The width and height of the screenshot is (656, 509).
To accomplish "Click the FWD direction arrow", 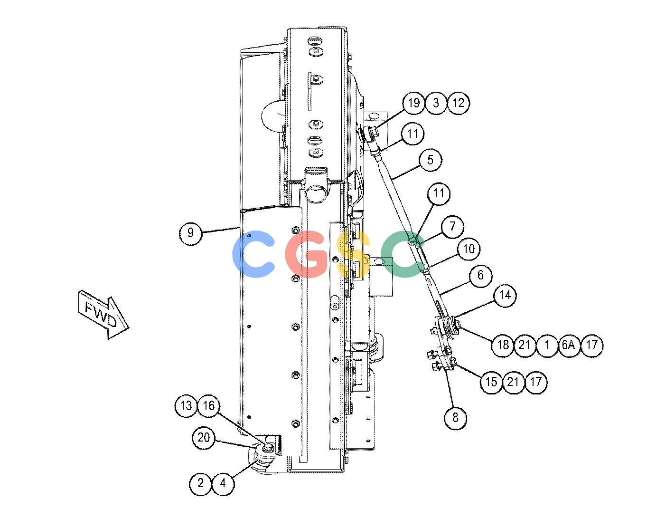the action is pyautogui.click(x=103, y=317).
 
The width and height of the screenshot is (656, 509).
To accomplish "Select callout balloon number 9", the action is pyautogui.click(x=190, y=233).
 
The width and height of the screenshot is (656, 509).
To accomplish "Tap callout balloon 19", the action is pyautogui.click(x=414, y=103).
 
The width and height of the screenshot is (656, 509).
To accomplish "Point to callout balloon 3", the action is pyautogui.click(x=436, y=103).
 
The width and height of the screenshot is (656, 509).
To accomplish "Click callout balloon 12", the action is pyautogui.click(x=458, y=103).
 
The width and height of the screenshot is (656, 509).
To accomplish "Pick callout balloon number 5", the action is pyautogui.click(x=431, y=160).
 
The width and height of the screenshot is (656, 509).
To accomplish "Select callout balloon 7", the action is pyautogui.click(x=452, y=226).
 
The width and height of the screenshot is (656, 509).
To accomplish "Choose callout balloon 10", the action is pyautogui.click(x=469, y=249).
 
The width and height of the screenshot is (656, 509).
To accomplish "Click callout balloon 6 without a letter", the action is pyautogui.click(x=480, y=275).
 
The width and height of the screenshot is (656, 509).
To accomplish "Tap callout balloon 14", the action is pyautogui.click(x=505, y=295).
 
